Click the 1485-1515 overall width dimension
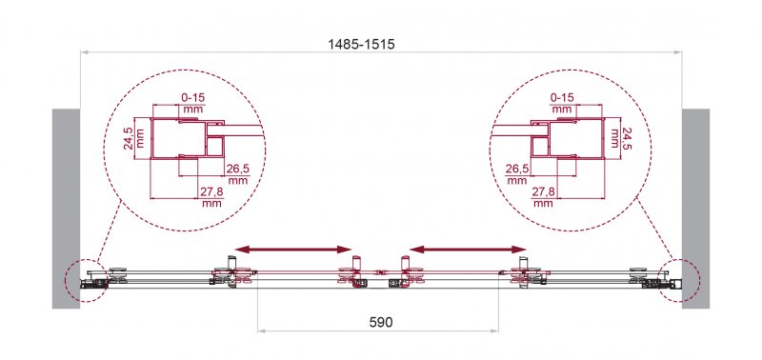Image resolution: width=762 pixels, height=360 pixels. [x=361, y=45]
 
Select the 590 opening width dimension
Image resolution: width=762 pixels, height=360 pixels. [x=380, y=322]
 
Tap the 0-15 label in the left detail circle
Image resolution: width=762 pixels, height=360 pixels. [x=192, y=98]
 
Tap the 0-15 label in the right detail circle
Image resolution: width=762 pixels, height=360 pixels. [x=562, y=98]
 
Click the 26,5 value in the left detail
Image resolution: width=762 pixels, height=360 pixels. [x=237, y=170]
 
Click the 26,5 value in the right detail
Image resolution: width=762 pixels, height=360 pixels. [x=516, y=170]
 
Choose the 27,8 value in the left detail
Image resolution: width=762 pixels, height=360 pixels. [x=211, y=191]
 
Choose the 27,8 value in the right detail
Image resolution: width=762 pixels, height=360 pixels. [x=543, y=191]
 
